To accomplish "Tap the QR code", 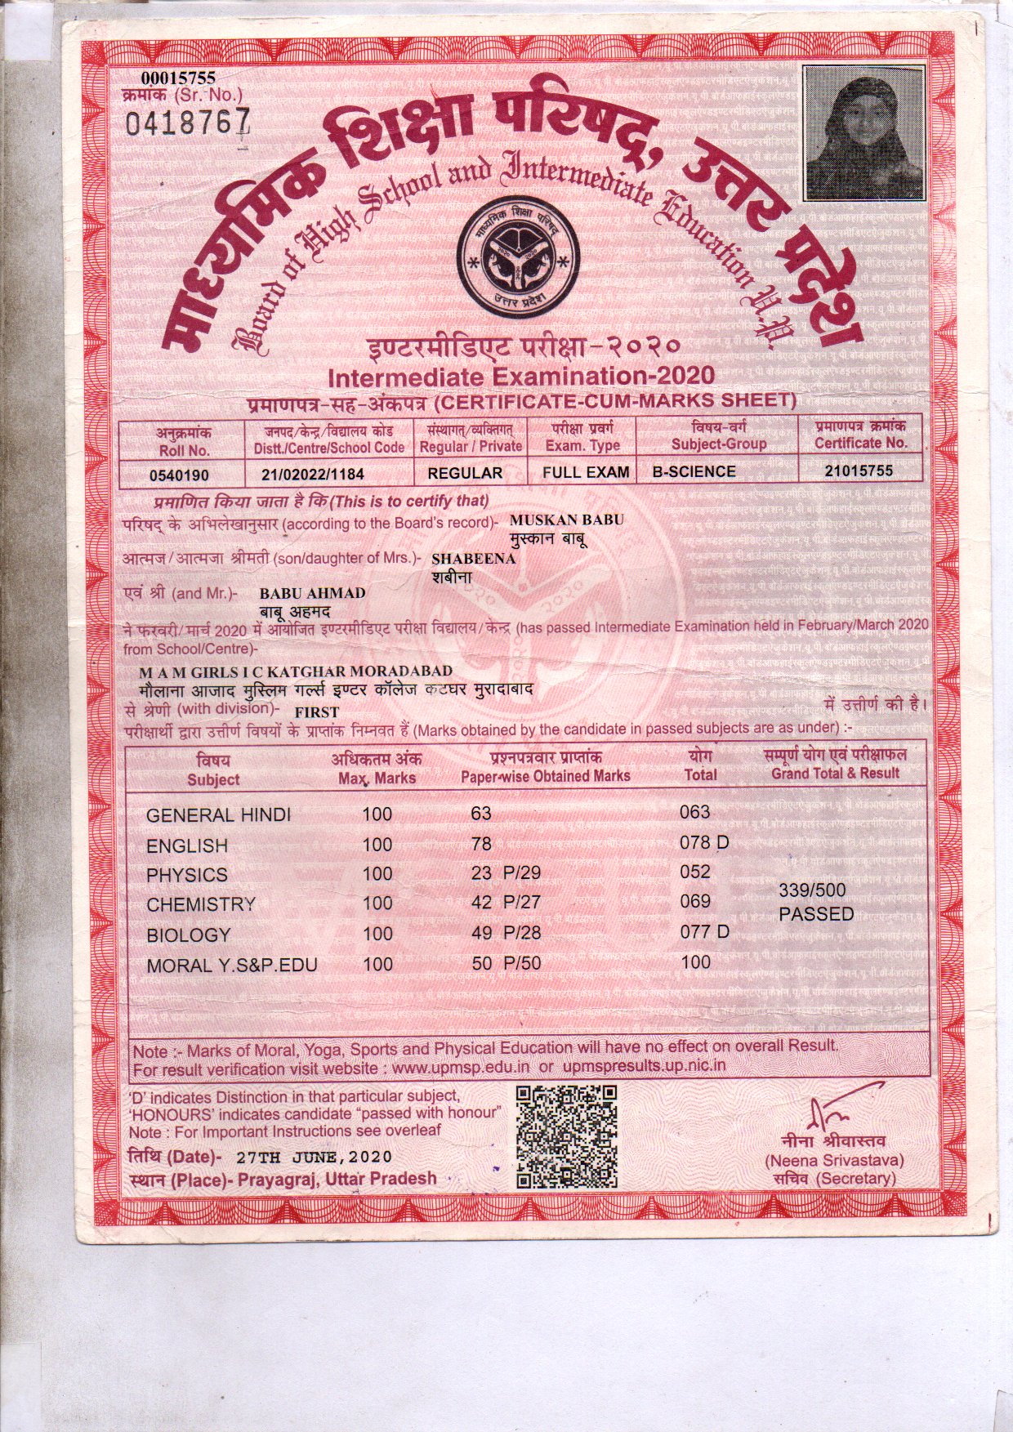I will [x=567, y=1136].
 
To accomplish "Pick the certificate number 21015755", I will [x=859, y=471].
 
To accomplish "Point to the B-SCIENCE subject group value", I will [x=694, y=472].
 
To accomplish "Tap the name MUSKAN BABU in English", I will [x=566, y=520].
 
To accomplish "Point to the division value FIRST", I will [x=317, y=712].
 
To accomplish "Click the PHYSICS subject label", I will [x=186, y=875].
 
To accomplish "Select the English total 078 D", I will [x=704, y=842].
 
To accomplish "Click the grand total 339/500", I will [x=812, y=890].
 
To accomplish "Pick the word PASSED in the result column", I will [x=815, y=914].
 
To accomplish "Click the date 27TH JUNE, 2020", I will [x=314, y=1158].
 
